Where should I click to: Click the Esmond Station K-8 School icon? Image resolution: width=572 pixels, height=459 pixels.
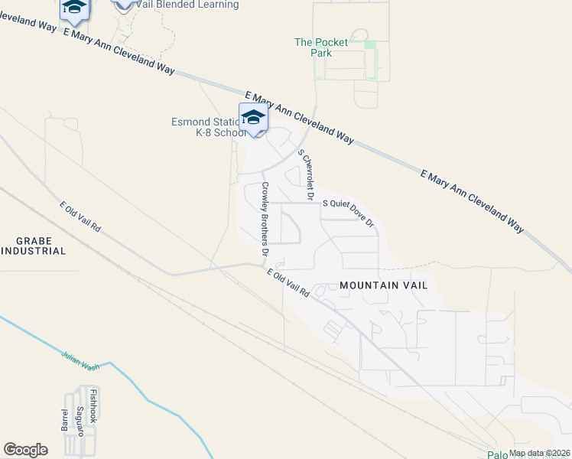coord(253,118)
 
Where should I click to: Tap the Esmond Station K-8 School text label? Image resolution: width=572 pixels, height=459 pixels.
coord(206,127)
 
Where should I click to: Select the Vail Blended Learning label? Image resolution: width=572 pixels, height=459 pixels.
coord(187,5)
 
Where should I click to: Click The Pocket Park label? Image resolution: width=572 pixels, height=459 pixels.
coord(321,47)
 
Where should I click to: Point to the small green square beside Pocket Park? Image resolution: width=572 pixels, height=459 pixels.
coord(370,44)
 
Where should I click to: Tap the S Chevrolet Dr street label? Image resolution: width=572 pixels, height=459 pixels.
coord(307,175)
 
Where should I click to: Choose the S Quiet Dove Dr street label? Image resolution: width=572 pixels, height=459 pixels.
coord(347,213)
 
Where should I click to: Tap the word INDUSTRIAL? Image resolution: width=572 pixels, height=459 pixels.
coord(34,251)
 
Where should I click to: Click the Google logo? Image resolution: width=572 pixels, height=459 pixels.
coord(25,449)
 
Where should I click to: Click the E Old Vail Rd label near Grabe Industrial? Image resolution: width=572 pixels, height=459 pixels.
coord(80,217)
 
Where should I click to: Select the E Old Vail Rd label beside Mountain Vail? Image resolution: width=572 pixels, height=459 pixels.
coord(288,283)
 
